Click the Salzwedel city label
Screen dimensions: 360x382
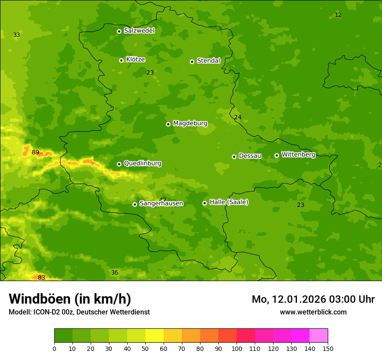pos(139,31)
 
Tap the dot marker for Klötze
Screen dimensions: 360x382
pos(121,60)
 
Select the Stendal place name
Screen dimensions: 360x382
pos(208,61)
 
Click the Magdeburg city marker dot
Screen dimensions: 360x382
pos(168,124)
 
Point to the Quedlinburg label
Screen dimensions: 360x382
pos(142,164)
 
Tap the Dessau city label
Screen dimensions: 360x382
pos(250,156)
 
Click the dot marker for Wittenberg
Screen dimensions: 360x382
pos(277,155)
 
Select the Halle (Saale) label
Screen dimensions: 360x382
pos(229,202)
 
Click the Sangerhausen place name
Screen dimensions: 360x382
pos(161,203)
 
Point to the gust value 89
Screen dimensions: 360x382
pos(36,152)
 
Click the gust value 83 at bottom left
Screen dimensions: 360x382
pos(41,278)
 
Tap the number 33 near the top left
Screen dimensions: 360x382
pos(16,35)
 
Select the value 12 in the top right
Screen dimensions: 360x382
pos(338,15)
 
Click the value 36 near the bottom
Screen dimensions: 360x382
pos(115,272)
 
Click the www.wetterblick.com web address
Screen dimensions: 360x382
pos(313,312)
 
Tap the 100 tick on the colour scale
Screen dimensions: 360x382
pos(237,348)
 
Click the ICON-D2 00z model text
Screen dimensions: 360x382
pos(51,312)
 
